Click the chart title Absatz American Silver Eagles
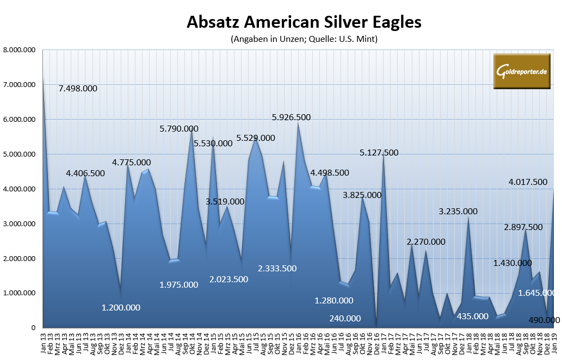point(304,22)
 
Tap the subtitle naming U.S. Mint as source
point(304,39)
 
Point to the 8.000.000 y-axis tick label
point(20,50)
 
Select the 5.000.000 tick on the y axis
point(20,154)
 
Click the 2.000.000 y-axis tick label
point(20,258)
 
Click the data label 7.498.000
point(78,89)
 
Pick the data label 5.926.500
point(299,117)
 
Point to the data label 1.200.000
point(121,307)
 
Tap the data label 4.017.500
point(528,182)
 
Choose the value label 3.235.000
point(458,212)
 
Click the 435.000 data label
point(470,316)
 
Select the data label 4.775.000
point(132,162)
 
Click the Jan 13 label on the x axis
point(44,342)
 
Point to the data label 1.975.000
point(179,284)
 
